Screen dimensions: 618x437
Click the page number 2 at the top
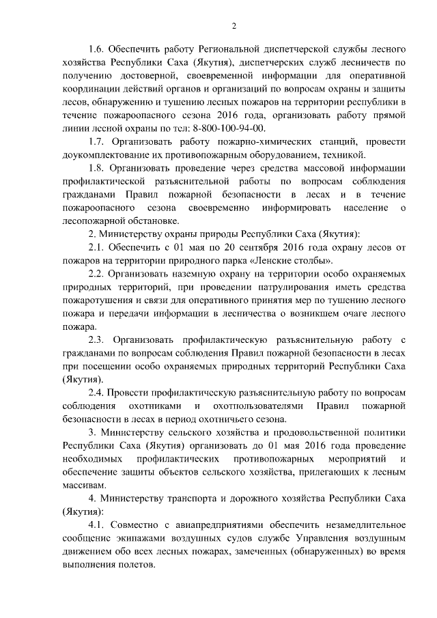(x=234, y=25)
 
